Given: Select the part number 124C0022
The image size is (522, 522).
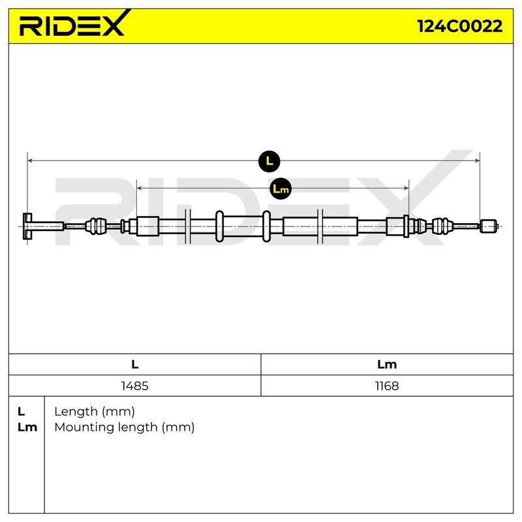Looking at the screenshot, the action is coord(460,26).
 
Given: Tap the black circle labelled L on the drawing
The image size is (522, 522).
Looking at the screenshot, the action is coord(269,161).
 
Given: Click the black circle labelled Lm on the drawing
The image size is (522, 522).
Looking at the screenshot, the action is coord(281,189).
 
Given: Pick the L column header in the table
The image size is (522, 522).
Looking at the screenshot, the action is coord(135,365).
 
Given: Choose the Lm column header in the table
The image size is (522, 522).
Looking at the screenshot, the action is coord(387,365).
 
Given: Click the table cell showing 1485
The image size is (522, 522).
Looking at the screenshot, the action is coord(135,386).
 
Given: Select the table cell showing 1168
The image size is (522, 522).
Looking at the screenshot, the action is coord(387,386).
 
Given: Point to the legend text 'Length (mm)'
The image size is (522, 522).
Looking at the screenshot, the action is coord(95,412).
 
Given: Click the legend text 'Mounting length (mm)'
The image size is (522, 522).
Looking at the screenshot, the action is coord(125,427).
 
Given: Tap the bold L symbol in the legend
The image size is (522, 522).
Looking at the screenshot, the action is coord(22,412).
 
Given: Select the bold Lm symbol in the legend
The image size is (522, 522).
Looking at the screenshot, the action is coord(27,427).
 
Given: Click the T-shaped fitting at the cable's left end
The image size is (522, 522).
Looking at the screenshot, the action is coord(43,226).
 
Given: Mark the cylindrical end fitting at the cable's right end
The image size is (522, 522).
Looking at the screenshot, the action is coord(489,226).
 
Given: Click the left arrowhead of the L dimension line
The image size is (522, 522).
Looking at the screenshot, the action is coord(30,161).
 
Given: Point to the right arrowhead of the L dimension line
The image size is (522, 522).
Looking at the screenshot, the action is coord(477,161).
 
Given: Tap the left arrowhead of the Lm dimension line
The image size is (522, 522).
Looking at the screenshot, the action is coord(140,189).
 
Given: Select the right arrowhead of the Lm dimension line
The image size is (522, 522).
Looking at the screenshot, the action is coord(406,189).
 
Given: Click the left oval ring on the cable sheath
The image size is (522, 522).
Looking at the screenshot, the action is coord(219,226).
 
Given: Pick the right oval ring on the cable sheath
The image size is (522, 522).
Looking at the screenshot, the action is coord(266,226).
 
